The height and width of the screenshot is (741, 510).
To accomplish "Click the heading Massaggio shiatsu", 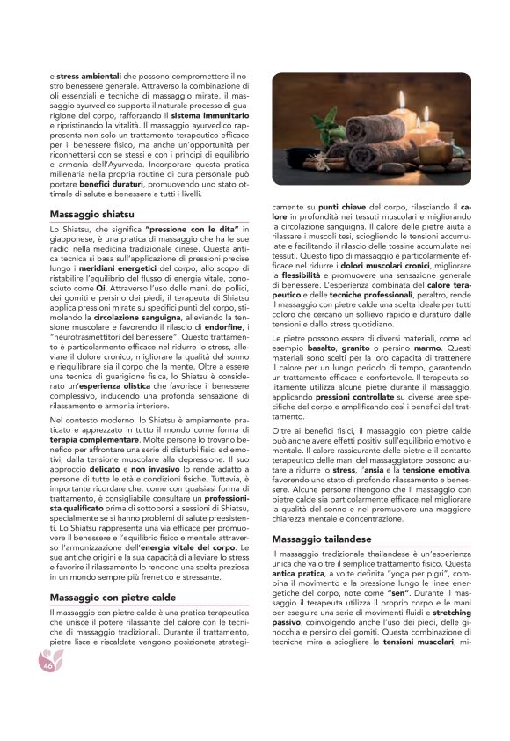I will point(92,214).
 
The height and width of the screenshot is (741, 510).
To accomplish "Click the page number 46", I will point(48,666).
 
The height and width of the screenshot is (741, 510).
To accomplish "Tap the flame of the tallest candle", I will point(400,96).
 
